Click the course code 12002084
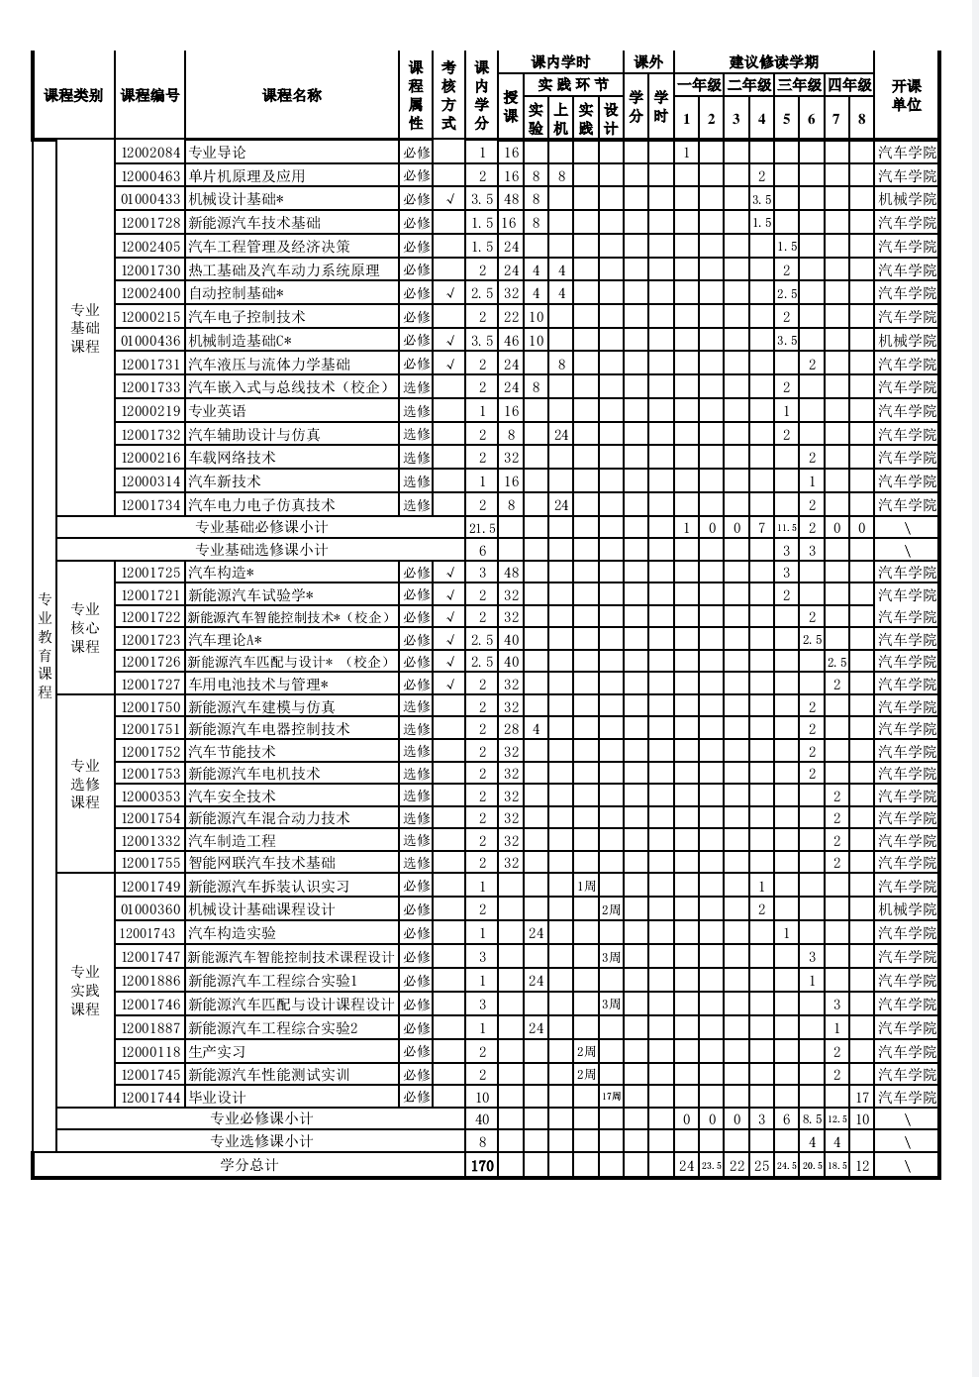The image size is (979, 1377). pyautogui.click(x=150, y=153)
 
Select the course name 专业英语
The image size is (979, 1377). pyautogui.click(x=218, y=411)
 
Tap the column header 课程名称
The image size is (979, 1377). pyautogui.click(x=292, y=96)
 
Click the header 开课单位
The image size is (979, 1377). pyautogui.click(x=907, y=96)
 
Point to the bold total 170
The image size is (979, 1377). pyautogui.click(x=482, y=1166)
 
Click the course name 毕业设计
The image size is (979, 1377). pyautogui.click(x=217, y=1098)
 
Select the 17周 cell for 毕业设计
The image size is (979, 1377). pyautogui.click(x=611, y=1098)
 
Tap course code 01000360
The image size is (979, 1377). pyautogui.click(x=150, y=909)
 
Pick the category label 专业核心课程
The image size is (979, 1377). pyautogui.click(x=85, y=628)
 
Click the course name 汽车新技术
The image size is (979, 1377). pyautogui.click(x=225, y=481)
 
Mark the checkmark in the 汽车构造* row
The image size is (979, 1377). pyautogui.click(x=450, y=573)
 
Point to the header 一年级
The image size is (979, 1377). pyautogui.click(x=699, y=85)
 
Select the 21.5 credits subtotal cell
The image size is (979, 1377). pyautogui.click(x=482, y=528)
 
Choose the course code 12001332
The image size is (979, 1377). pyautogui.click(x=150, y=841)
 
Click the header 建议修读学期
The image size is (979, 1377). pyautogui.click(x=773, y=62)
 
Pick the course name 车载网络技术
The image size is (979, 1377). pyautogui.click(x=232, y=458)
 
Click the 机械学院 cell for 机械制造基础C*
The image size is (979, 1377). pyautogui.click(x=907, y=341)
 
